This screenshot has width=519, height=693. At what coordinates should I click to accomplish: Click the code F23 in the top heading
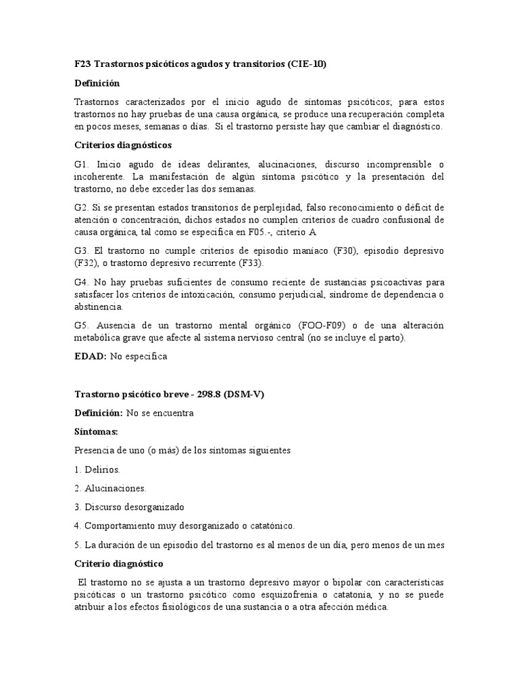click(x=82, y=64)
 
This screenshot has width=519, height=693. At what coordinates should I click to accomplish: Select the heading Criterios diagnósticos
click(x=123, y=145)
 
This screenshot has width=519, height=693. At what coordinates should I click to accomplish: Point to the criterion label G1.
click(x=82, y=164)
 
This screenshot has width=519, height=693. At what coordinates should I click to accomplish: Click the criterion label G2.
click(x=81, y=206)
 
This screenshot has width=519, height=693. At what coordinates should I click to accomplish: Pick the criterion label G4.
click(x=82, y=282)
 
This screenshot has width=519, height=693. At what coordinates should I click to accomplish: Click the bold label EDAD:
click(x=91, y=356)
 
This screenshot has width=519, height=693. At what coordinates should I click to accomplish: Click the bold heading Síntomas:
click(x=97, y=431)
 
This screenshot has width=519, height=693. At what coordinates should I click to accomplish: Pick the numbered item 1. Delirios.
click(x=97, y=469)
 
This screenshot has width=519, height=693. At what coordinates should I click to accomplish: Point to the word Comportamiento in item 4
click(x=118, y=525)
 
